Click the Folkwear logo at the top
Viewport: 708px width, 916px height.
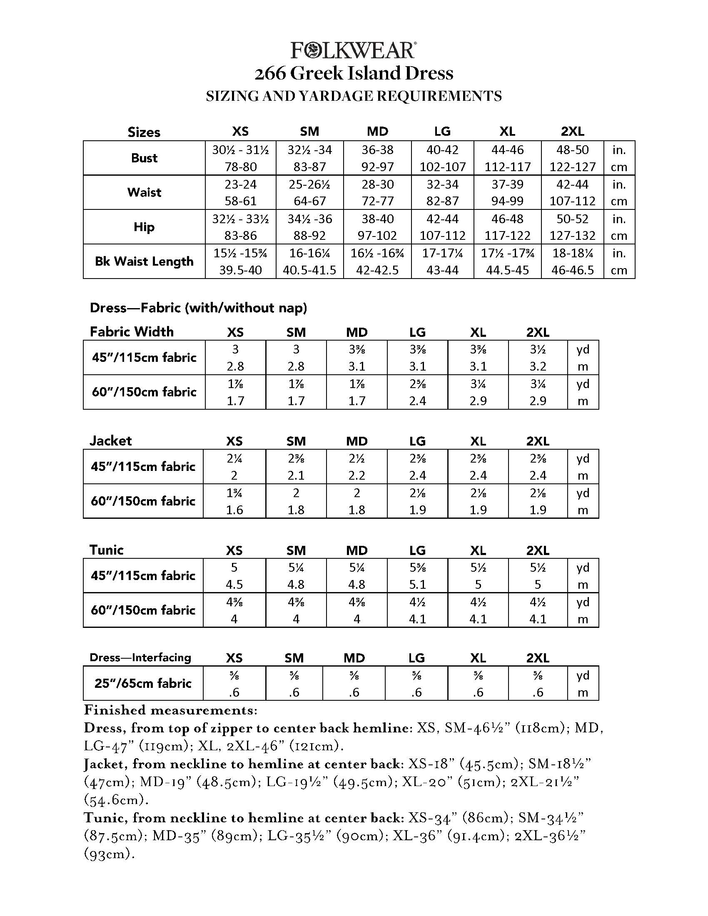354,50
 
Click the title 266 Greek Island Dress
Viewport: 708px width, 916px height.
354,73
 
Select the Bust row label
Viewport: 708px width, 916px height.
144,158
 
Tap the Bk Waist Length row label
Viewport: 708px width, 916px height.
144,261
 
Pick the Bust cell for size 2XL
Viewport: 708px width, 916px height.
573,158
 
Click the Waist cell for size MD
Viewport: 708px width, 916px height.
377,192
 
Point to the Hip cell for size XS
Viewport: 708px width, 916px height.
240,227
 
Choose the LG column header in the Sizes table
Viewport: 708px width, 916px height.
442,132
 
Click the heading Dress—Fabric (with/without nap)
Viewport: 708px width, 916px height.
198,308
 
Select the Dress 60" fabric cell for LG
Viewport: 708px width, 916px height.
418,392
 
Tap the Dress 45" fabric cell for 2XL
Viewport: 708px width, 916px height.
538,358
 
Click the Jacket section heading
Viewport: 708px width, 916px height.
111,441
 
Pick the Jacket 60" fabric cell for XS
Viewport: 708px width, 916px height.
234,501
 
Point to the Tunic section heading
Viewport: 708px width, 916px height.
107,550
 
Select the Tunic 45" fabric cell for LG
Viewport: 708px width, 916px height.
418,575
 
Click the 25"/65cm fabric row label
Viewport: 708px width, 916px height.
143,683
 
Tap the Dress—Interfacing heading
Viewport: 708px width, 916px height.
140,657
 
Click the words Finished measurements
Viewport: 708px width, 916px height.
170,710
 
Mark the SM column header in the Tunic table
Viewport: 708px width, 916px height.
296,550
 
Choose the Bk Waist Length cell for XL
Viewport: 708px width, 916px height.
508,261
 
